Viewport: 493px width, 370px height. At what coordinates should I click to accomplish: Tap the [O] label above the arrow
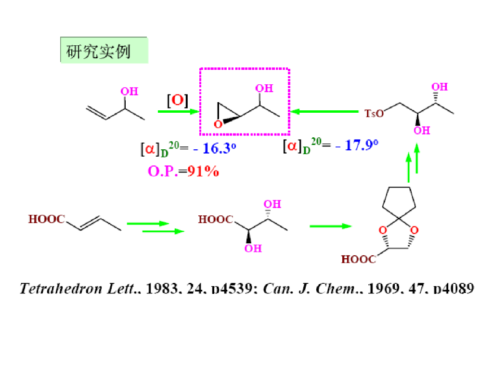click(x=177, y=101)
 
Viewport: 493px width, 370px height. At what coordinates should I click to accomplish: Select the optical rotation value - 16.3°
click(x=215, y=148)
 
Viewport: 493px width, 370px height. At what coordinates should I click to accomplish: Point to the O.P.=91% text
click(x=183, y=171)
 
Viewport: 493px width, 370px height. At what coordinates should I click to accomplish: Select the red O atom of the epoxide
click(x=218, y=124)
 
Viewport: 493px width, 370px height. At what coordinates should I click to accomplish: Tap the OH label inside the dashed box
click(x=263, y=88)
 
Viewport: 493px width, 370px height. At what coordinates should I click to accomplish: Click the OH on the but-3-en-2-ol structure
click(x=129, y=92)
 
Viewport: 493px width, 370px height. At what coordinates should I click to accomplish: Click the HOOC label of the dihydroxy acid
click(x=216, y=220)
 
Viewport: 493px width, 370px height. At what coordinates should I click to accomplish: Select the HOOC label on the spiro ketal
click(x=359, y=260)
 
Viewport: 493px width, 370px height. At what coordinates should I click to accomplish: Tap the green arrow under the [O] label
click(x=178, y=112)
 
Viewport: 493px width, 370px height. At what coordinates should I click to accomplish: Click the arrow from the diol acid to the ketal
click(x=330, y=225)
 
